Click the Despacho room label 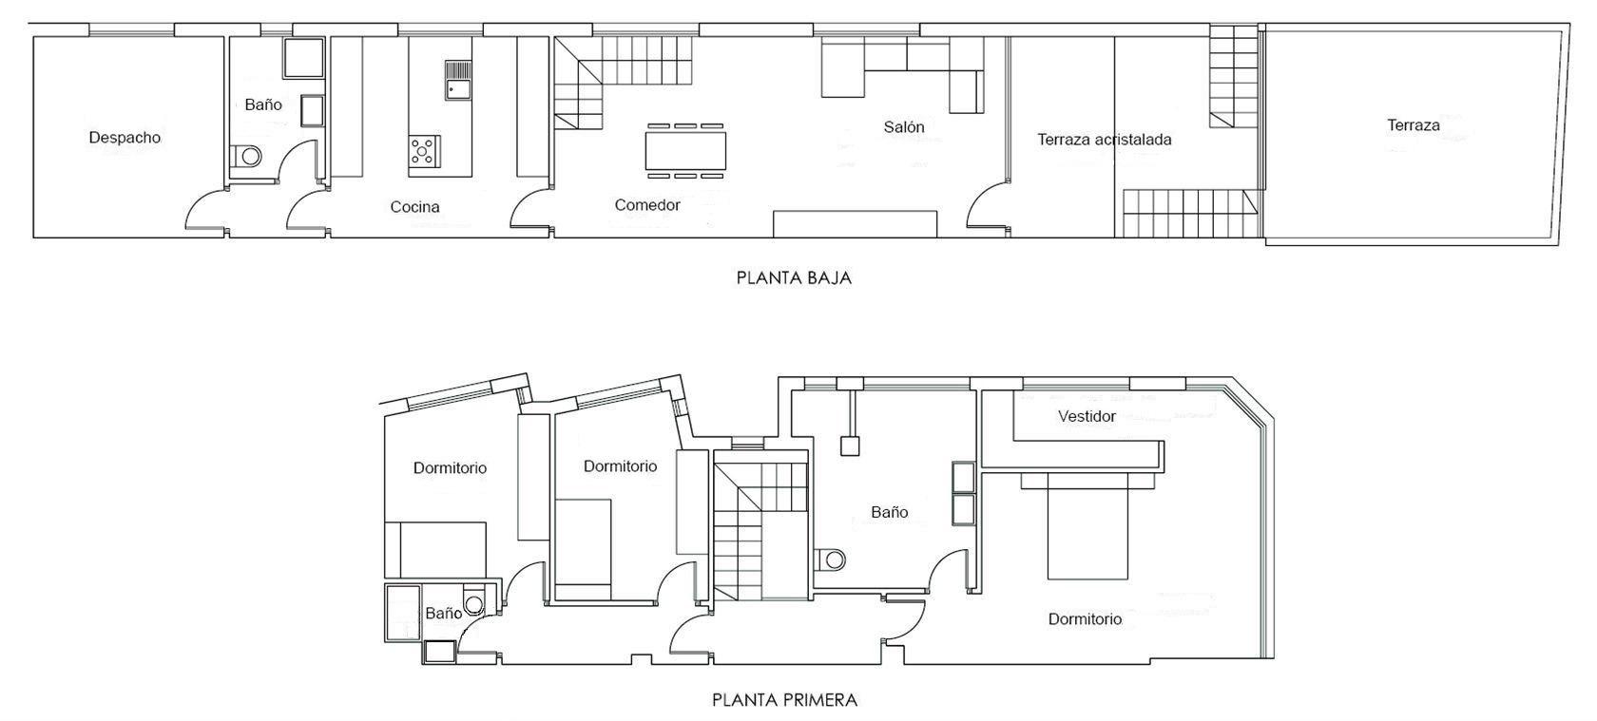coord(125,138)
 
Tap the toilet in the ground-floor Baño coord(247,156)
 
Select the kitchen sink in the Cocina coord(457,80)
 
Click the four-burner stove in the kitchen coord(424,150)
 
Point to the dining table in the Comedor coord(685,150)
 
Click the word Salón coord(903,126)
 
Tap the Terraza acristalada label coord(1104,140)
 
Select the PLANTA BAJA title coord(794,278)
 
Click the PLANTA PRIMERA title coord(784,701)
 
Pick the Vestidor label coord(1087,416)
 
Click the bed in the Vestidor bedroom coord(1087,527)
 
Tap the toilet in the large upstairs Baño coord(831,559)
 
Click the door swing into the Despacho coord(204,211)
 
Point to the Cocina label coord(414,207)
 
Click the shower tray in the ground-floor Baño coord(304,58)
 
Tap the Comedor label coord(647,205)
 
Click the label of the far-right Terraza coord(1413,125)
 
